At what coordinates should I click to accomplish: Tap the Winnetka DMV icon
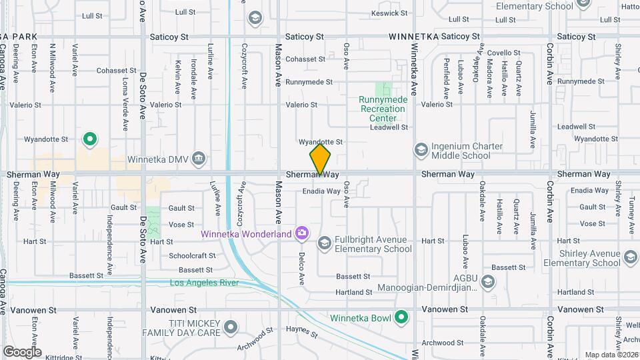coord(198,158)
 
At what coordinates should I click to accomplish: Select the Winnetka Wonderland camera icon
coord(302,233)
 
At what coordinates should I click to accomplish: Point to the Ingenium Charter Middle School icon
coord(420,149)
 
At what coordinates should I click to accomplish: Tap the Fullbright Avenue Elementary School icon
coord(324,243)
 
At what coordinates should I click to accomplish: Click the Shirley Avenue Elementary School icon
coord(631,256)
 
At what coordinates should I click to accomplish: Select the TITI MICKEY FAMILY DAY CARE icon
coord(231,327)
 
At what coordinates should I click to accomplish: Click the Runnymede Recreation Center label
coord(382,109)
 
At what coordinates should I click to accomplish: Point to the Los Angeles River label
coord(204,283)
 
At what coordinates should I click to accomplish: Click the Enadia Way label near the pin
coord(321,191)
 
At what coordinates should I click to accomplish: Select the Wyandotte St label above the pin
coord(320,142)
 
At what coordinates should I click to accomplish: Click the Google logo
coord(22,351)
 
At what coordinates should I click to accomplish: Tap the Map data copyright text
coord(611,355)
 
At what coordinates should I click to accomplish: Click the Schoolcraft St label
coord(189,255)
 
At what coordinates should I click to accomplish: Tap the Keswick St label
coord(389,13)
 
